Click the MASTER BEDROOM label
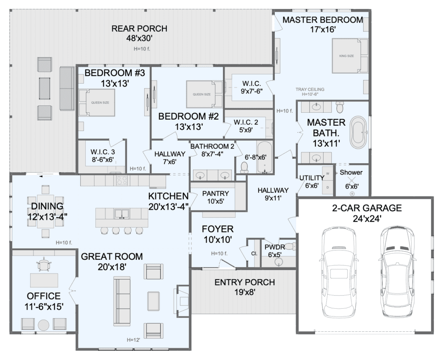pos(323,20)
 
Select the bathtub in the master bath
pos(359,132)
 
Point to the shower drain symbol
pos(352,194)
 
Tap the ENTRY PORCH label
pos(245,283)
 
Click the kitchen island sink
pos(122,214)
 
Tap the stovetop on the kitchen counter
pos(122,181)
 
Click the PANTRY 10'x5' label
pos(215,197)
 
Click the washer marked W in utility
pos(328,173)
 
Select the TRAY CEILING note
pos(310,89)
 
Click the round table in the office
pos(44,325)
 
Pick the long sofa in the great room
pos(122,301)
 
